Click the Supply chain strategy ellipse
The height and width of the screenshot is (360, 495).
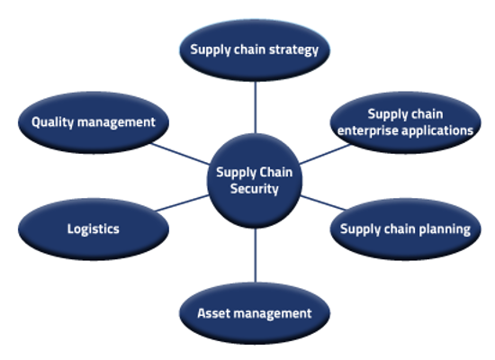pos(255,49)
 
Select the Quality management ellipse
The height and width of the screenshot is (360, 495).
pos(93,121)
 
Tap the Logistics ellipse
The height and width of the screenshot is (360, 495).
pos(93,229)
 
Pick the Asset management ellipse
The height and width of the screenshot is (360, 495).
pos(255,313)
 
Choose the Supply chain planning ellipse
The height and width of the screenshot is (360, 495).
pos(404,229)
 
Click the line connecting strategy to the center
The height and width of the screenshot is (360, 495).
pos(256,108)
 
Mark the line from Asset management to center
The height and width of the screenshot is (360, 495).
pos(256,256)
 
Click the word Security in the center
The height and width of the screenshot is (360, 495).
pos(255,189)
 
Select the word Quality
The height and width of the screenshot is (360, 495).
pos(53,121)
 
